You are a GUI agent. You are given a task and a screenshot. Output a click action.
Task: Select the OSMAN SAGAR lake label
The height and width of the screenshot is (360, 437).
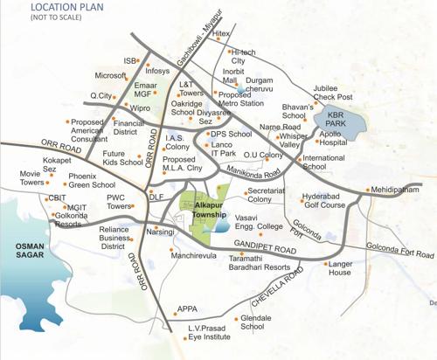pyautogui.click(x=30, y=253)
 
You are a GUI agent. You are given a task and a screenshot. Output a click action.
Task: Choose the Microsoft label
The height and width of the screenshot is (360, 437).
pyautogui.click(x=112, y=76)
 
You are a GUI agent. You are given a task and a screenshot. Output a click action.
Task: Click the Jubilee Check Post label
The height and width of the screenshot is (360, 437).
pyautogui.click(x=333, y=93)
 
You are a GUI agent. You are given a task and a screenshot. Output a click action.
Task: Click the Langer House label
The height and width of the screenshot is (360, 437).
pyautogui.click(x=340, y=267)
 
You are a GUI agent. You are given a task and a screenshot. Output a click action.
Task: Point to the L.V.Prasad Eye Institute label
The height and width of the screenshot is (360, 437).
pyautogui.click(x=209, y=332)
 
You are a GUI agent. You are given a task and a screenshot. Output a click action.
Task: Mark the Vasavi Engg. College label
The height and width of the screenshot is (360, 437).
pyautogui.click(x=260, y=220)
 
